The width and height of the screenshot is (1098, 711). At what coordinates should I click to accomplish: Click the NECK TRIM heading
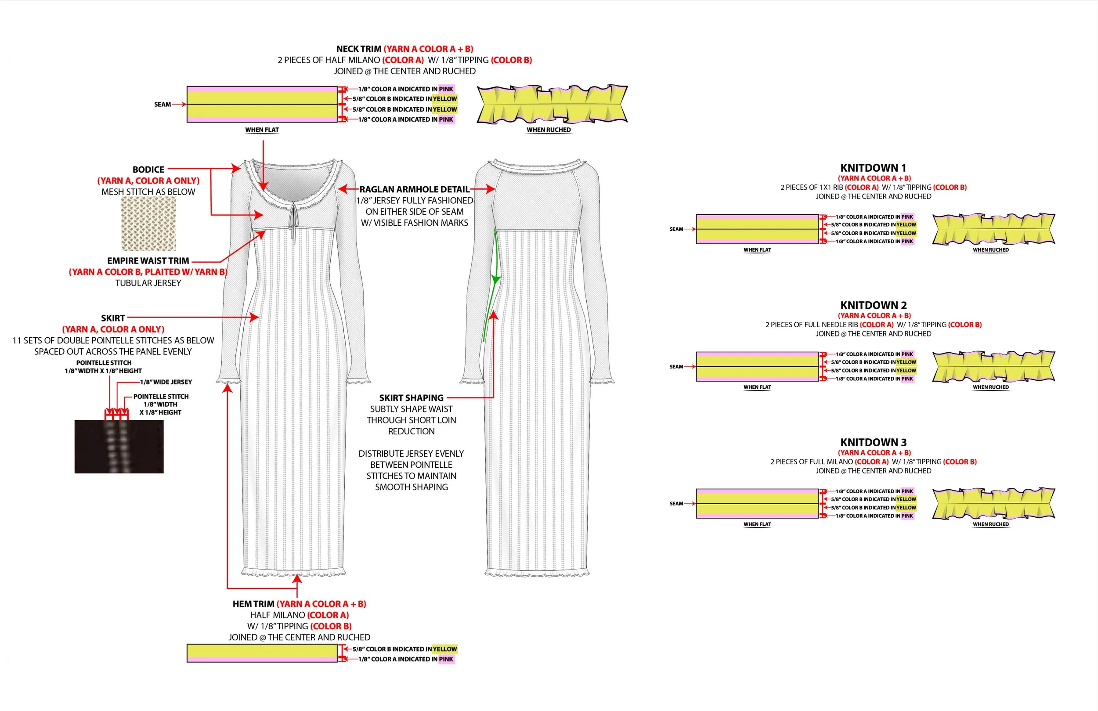coord(358,49)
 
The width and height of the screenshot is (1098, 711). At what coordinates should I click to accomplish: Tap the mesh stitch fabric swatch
coord(148,224)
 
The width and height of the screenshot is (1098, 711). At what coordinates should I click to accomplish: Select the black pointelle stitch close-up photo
coord(119,446)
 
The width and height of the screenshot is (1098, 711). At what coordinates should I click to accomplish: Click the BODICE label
coord(148,170)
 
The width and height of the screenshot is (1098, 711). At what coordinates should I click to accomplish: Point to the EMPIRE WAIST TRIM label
coord(148,261)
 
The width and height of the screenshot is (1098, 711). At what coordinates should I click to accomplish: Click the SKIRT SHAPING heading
coord(411,398)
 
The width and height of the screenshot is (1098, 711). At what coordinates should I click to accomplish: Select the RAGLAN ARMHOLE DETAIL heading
coord(414,189)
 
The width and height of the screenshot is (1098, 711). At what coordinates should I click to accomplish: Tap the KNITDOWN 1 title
coord(873,168)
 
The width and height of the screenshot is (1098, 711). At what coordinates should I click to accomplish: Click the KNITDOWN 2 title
coord(873,305)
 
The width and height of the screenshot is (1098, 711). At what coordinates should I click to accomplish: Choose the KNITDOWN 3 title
coord(873,442)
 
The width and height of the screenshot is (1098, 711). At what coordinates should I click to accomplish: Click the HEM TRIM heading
coord(253,604)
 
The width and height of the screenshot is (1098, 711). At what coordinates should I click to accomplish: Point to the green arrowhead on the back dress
coord(495,279)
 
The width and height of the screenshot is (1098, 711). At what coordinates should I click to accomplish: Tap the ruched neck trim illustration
coord(552,104)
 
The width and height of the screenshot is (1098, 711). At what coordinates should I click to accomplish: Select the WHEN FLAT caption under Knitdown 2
coord(757,387)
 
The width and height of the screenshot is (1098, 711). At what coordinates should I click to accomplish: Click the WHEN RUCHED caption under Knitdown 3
coord(990,524)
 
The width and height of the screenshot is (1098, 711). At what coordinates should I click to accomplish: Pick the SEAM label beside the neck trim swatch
coord(163,105)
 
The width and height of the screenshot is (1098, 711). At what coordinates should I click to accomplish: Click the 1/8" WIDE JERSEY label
coord(166,382)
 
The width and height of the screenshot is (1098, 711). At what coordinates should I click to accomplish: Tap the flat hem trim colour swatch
coord(262,653)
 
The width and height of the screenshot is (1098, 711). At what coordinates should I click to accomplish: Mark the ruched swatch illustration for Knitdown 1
coord(993,229)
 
